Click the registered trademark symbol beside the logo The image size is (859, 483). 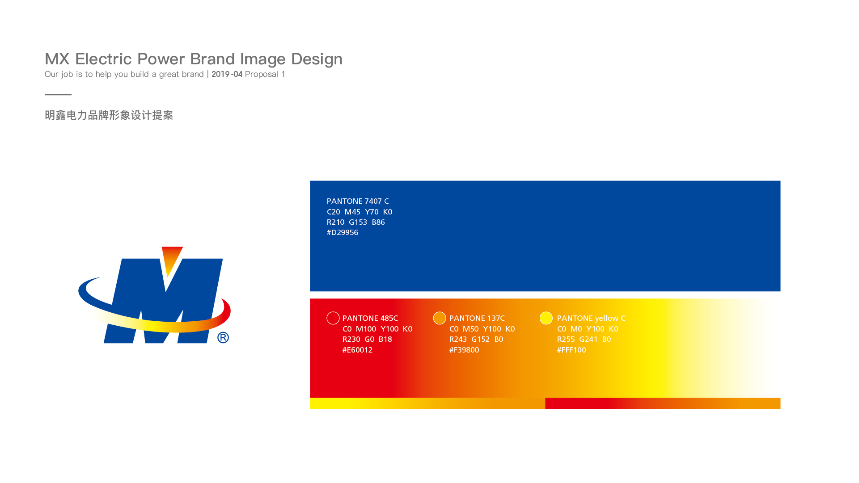click(x=223, y=337)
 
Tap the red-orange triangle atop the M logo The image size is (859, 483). click(x=172, y=259)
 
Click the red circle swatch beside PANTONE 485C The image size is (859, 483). click(x=333, y=318)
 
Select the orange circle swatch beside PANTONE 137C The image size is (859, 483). click(x=440, y=318)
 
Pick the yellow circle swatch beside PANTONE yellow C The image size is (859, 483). click(x=546, y=318)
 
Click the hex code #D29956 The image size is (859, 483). click(x=343, y=232)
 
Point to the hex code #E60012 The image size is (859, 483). click(x=357, y=350)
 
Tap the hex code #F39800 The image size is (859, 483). click(x=464, y=350)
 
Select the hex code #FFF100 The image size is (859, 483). click(x=571, y=350)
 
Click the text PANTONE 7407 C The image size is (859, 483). click(x=358, y=201)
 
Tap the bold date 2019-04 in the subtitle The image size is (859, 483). click(x=227, y=74)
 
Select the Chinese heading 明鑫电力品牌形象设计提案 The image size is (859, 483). click(x=109, y=115)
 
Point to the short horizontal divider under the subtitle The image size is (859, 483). click(x=58, y=95)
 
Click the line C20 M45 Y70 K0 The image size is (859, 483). click(x=360, y=212)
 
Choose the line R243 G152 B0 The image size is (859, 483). click(x=476, y=339)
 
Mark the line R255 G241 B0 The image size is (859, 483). click(x=584, y=339)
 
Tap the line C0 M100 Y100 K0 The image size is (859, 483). click(x=377, y=329)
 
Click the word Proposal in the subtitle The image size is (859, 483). click(x=262, y=74)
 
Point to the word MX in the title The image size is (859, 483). click(x=57, y=59)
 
